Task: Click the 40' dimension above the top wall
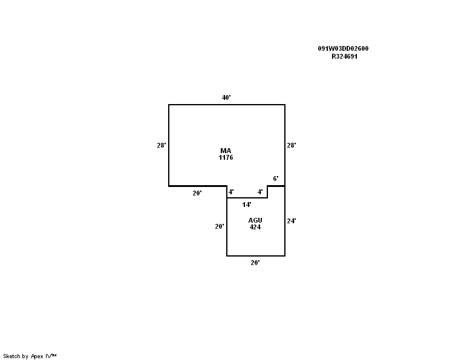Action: (x=226, y=97)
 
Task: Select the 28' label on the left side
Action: (x=161, y=145)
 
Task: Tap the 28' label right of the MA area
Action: (x=292, y=145)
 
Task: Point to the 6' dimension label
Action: (x=276, y=178)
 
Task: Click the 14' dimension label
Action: (x=247, y=205)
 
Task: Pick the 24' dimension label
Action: (x=292, y=221)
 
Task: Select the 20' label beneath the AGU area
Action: (x=255, y=263)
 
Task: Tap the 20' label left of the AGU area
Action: (x=220, y=226)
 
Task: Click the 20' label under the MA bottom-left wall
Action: (x=197, y=193)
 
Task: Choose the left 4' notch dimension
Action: (x=231, y=192)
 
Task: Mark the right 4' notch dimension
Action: (x=260, y=192)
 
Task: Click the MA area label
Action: (x=226, y=151)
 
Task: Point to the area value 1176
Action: (x=226, y=157)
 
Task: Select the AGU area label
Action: (x=255, y=220)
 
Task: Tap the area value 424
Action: (x=255, y=227)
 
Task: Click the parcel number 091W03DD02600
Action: (x=343, y=48)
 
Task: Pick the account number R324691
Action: (x=344, y=56)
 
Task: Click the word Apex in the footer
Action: (x=37, y=356)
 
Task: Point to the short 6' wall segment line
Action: (x=276, y=186)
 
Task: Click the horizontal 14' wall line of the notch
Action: (x=247, y=198)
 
